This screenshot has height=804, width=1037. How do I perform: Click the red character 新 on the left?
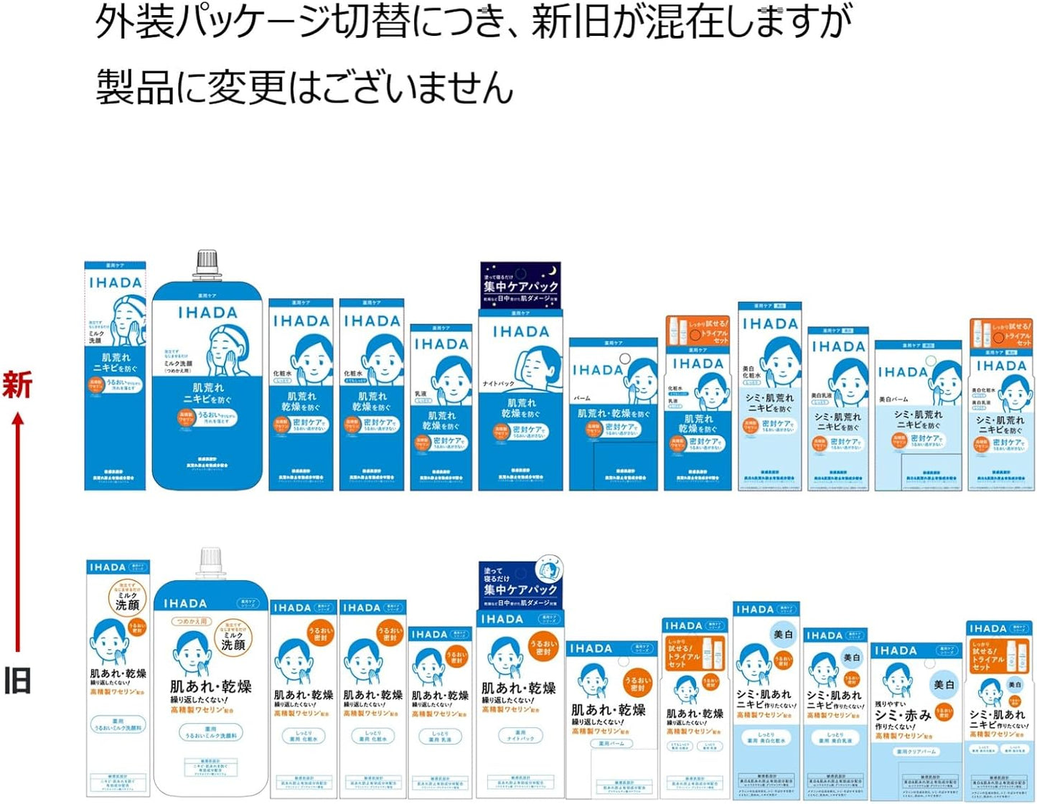tap(17, 385)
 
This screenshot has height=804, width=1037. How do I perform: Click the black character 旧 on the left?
tap(17, 680)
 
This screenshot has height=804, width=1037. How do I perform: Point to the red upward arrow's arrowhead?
tap(18, 419)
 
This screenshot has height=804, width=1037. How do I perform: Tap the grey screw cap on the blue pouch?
tap(207, 263)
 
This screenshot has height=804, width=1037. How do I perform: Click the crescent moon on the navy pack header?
tap(551, 271)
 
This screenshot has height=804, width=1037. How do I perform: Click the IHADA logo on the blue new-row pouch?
tap(207, 313)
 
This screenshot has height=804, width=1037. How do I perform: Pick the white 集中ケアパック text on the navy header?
tap(520, 286)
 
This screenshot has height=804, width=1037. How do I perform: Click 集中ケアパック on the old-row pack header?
tap(520, 590)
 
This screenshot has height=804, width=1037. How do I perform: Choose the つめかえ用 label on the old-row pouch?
tap(192, 621)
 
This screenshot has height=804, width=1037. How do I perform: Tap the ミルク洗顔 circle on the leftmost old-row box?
tap(127, 600)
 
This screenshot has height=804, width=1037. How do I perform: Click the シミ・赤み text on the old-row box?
tap(903, 715)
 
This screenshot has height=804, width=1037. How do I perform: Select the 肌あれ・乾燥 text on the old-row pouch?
tap(210, 686)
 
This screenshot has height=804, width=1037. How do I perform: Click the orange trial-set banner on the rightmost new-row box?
tap(1002, 334)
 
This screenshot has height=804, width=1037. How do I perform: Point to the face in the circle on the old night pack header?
tap(549, 569)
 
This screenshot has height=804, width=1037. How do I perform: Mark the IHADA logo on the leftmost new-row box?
tap(115, 283)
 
